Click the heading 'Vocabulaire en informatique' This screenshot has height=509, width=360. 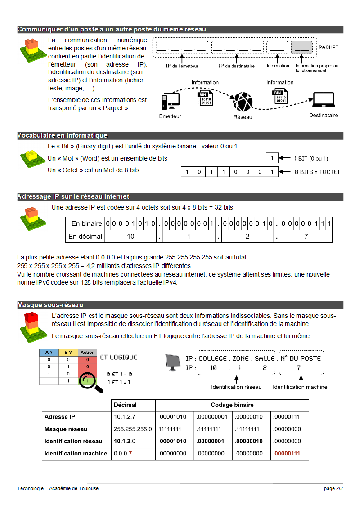point(63,135)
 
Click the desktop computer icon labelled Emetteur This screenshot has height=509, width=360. point(170,102)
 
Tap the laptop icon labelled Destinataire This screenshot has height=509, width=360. point(323,102)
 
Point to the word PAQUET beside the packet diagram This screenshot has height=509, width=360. point(328,47)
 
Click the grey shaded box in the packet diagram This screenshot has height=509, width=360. point(302,47)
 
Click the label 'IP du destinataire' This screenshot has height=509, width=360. point(236,66)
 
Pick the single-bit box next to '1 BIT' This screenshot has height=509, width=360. point(272,158)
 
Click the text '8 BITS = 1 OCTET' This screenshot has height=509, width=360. point(317,172)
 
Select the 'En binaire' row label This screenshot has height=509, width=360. point(87,223)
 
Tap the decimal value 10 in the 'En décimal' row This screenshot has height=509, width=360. point(130,236)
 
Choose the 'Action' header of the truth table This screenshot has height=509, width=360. point(88,353)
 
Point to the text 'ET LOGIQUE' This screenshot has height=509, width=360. point(118,357)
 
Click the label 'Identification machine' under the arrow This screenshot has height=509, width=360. point(300,387)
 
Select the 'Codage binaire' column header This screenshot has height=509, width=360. point(232,405)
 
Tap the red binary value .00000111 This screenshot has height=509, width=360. point(286,453)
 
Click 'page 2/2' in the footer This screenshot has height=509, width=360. point(333,488)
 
